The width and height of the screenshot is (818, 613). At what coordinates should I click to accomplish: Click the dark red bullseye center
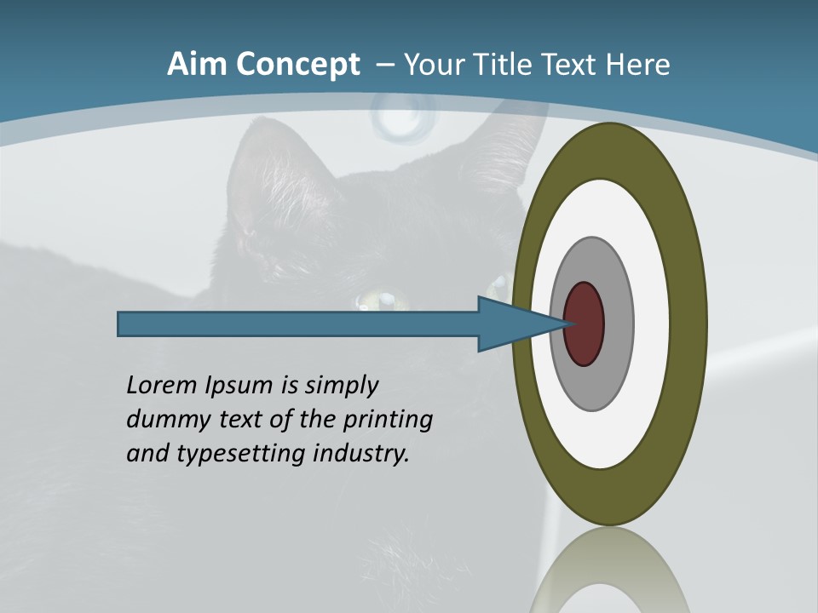pyautogui.click(x=585, y=324)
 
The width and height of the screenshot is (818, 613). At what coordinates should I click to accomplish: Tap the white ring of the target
pyautogui.click(x=649, y=324)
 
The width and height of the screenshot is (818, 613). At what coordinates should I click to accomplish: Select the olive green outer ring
pyautogui.click(x=686, y=324)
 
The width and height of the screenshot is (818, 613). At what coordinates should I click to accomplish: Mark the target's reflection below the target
pyautogui.click(x=609, y=570)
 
